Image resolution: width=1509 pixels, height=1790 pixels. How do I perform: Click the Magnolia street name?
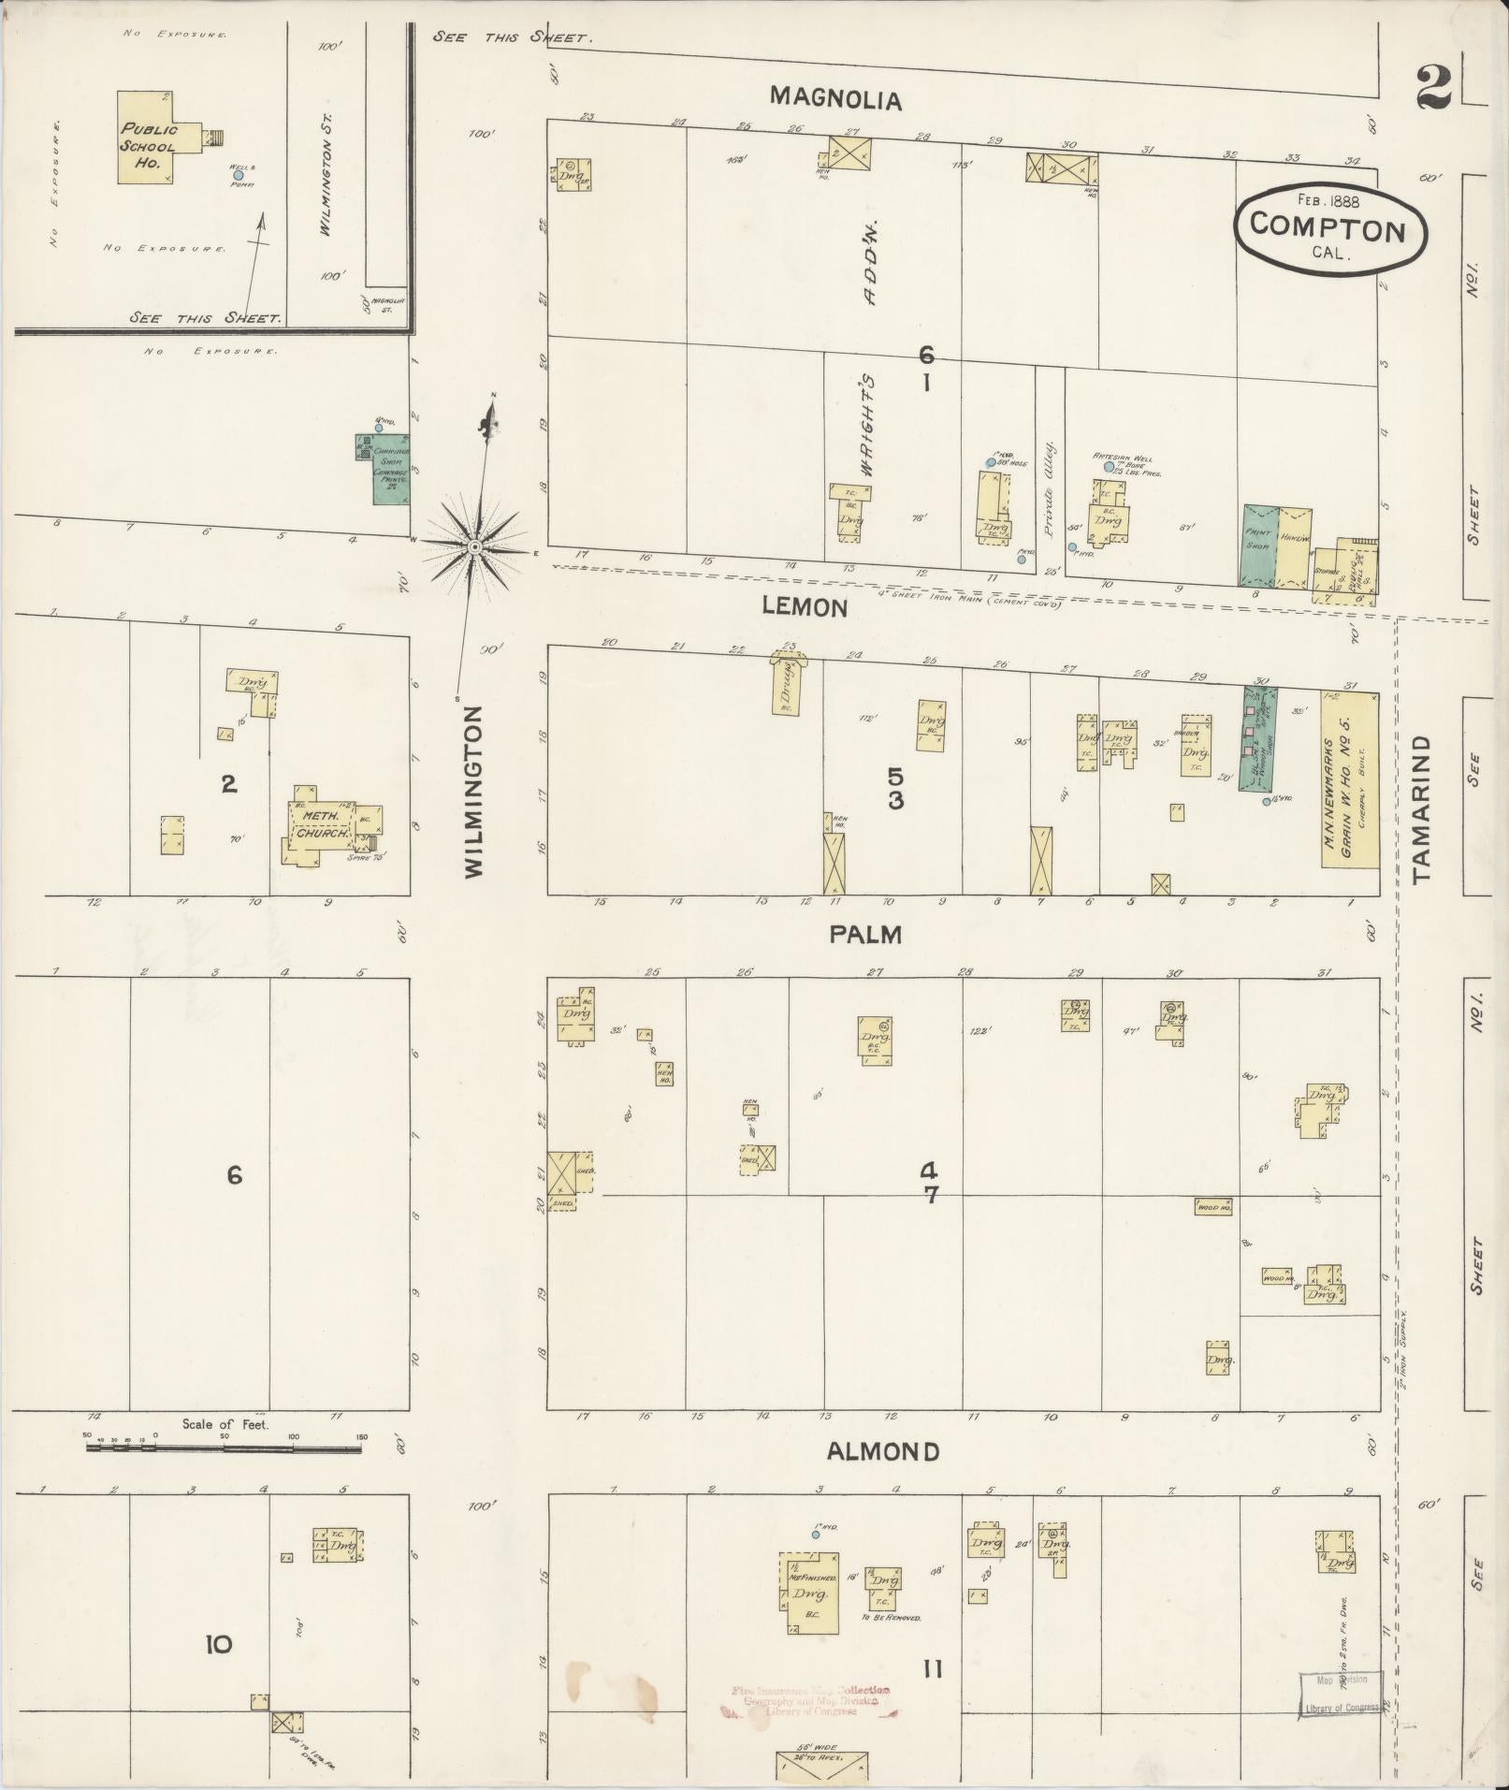(x=835, y=98)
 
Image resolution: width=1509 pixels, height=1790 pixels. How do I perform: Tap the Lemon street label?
(x=805, y=606)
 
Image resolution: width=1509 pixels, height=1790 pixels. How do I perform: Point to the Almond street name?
(x=883, y=1451)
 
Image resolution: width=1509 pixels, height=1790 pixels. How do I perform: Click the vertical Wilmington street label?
(x=474, y=792)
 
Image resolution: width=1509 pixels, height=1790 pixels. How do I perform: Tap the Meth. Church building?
(x=324, y=823)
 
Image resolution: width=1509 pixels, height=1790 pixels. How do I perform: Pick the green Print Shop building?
(x=1259, y=547)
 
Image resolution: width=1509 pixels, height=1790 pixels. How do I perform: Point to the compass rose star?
(x=475, y=546)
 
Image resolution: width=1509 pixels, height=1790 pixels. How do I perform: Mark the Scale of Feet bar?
(x=225, y=1448)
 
